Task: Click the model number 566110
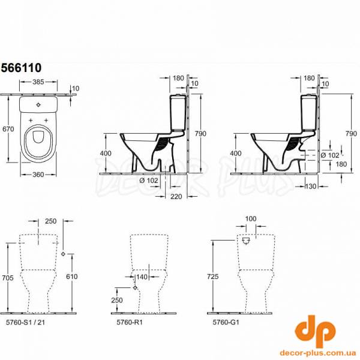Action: (x=22, y=68)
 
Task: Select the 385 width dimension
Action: (x=38, y=82)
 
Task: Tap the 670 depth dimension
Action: (x=8, y=129)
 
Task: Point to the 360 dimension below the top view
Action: (x=38, y=175)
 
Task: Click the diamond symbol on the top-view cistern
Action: (x=38, y=104)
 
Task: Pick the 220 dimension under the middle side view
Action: (x=176, y=197)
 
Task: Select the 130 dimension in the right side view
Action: (x=311, y=186)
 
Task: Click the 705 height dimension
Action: (x=8, y=278)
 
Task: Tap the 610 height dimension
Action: (x=72, y=277)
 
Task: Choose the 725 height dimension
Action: (x=212, y=277)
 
